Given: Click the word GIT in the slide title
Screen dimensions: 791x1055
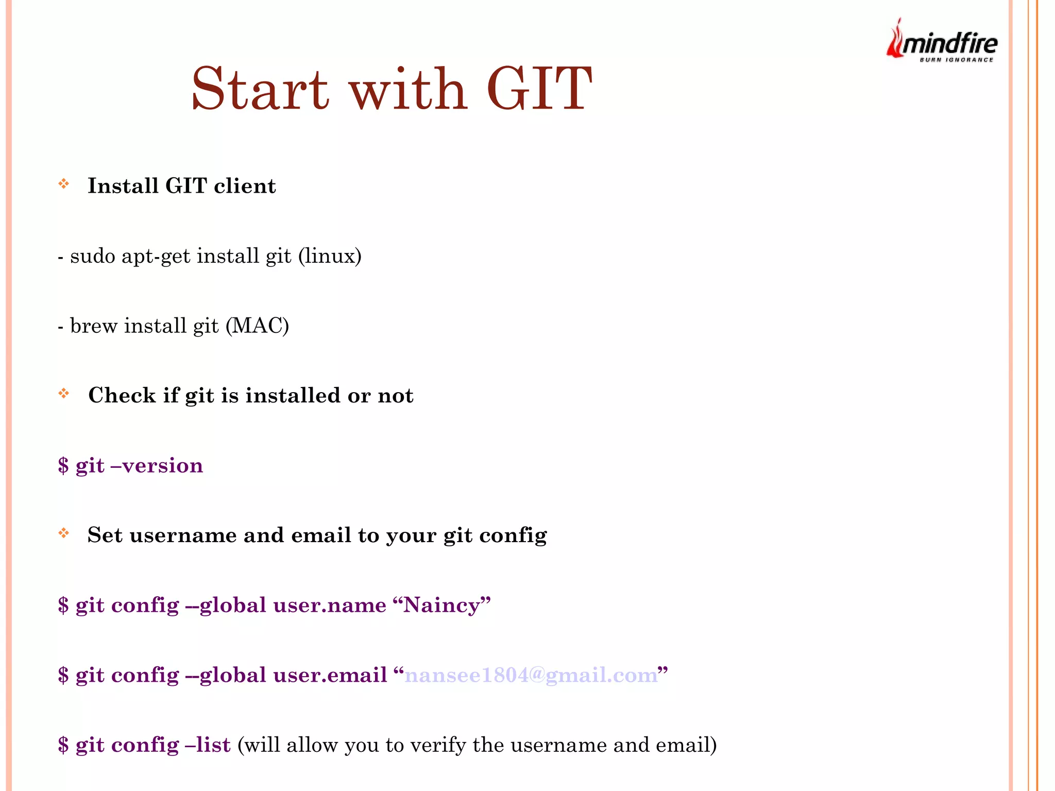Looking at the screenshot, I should (x=539, y=89).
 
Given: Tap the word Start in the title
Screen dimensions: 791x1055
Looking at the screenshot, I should (x=260, y=89).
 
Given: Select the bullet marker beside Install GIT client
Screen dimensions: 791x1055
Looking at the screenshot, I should (x=64, y=184).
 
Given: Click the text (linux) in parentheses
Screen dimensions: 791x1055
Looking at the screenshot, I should (x=330, y=256).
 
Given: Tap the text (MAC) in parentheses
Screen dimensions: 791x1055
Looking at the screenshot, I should (x=257, y=326).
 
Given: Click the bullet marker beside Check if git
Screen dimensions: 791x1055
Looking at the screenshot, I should (x=64, y=394).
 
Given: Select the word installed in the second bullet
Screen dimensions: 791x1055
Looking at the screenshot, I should (x=293, y=395).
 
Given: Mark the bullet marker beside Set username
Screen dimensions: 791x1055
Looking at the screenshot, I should (x=64, y=533).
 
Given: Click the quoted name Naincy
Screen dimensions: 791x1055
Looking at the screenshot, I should (x=441, y=605).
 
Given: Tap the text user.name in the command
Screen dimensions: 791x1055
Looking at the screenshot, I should (x=330, y=605).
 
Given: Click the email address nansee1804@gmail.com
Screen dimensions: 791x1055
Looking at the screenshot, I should (x=531, y=675).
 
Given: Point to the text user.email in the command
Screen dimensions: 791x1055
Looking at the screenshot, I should (x=330, y=675).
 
